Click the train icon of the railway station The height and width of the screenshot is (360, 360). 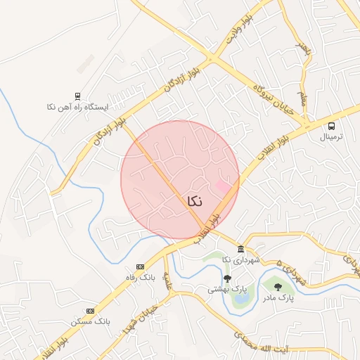(77, 96)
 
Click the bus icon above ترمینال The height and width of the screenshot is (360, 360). (331, 126)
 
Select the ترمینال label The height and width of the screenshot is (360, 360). (331, 137)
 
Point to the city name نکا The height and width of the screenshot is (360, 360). (195, 201)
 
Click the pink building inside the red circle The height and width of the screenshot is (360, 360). (223, 188)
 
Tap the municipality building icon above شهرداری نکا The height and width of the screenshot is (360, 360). (240, 250)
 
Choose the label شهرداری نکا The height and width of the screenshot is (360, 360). (240, 260)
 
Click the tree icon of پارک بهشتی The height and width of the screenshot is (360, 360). (226, 278)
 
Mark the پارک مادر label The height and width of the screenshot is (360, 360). (277, 298)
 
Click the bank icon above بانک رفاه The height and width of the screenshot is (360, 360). (140, 267)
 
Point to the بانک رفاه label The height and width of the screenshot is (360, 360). (140, 278)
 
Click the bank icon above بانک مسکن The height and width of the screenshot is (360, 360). (90, 311)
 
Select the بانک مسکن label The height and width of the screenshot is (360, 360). (91, 321)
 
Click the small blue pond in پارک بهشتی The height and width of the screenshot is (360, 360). (240, 298)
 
